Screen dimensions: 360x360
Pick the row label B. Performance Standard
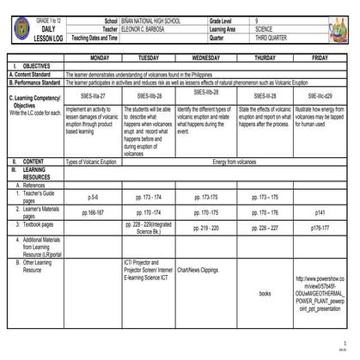(35, 82)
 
